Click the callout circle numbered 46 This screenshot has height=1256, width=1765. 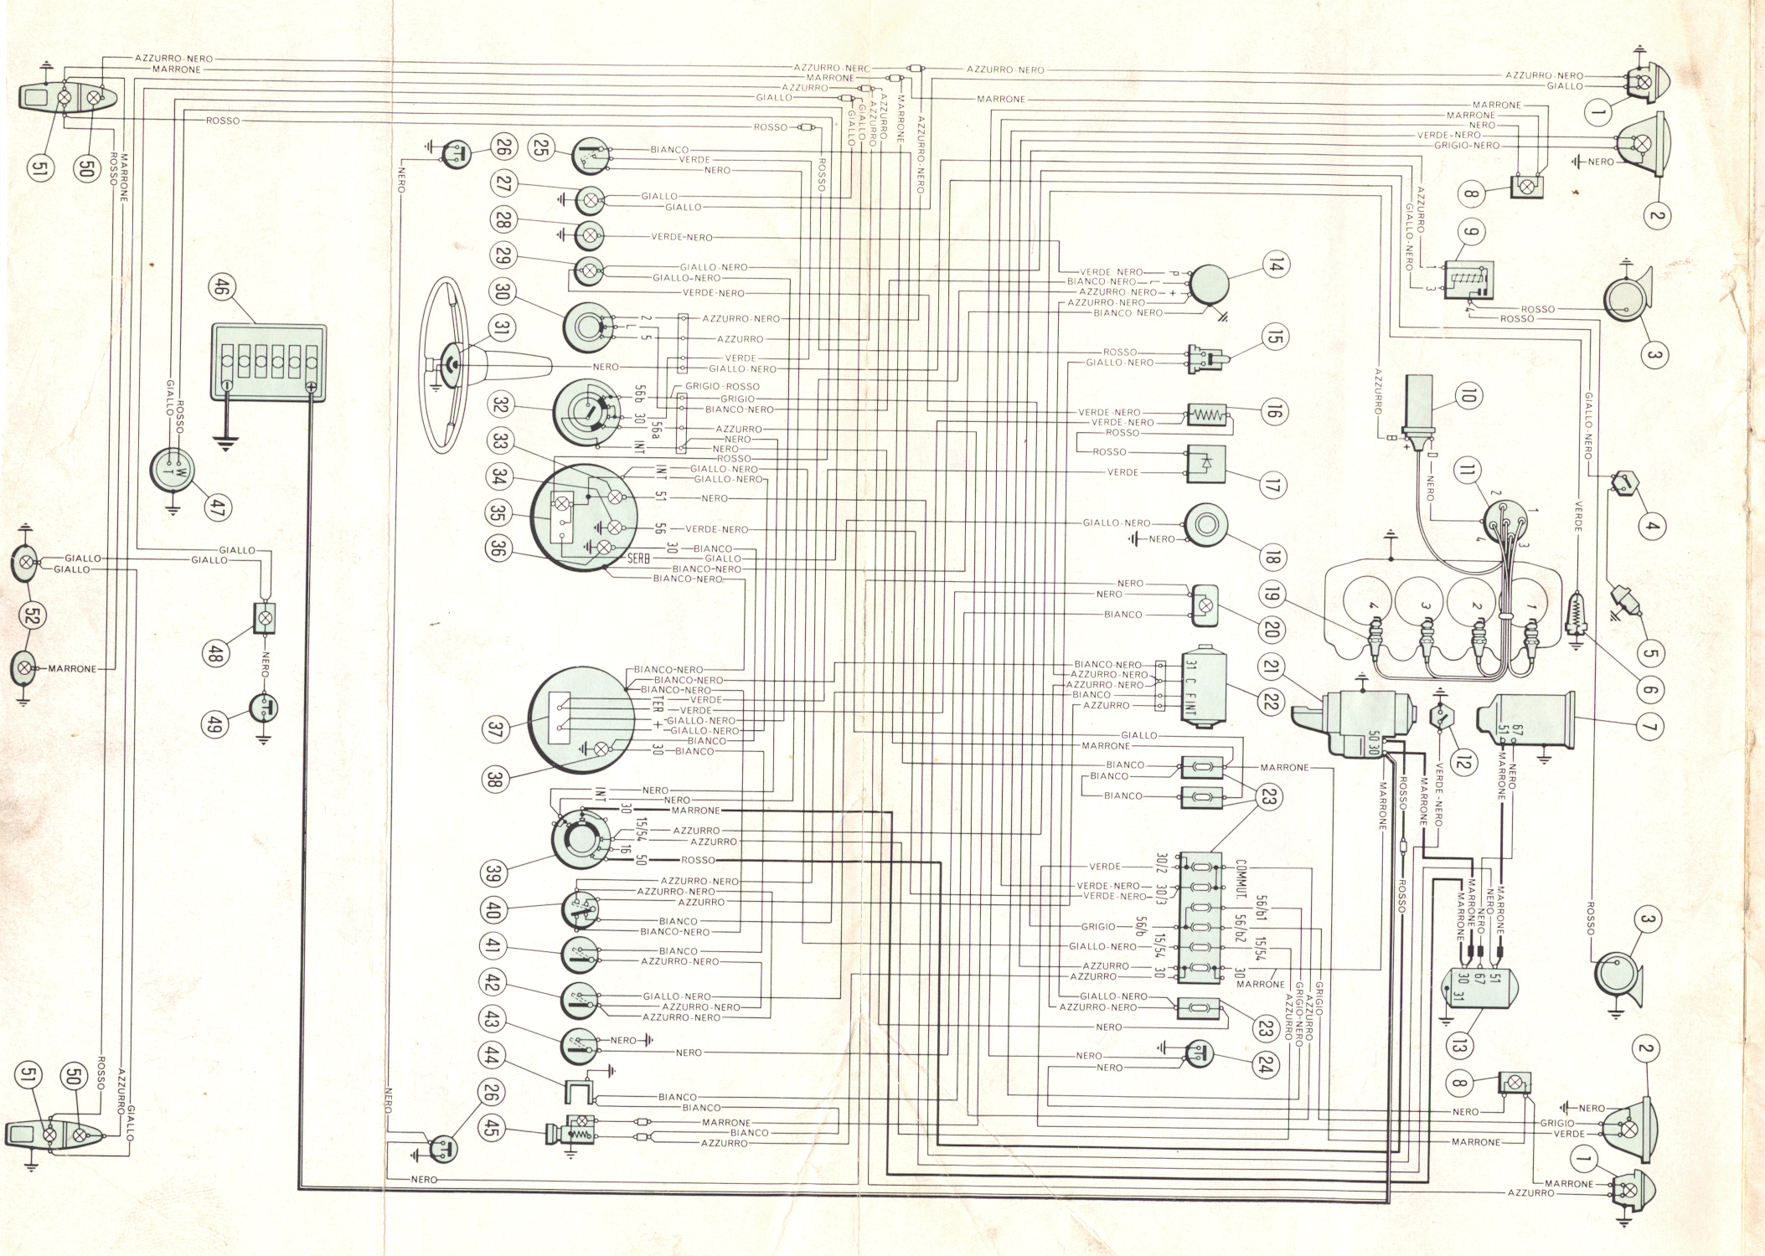click(x=220, y=289)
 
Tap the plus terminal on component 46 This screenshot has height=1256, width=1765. click(x=311, y=387)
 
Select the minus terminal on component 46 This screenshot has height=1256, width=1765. click(x=225, y=387)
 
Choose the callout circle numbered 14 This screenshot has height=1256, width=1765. click(x=1274, y=265)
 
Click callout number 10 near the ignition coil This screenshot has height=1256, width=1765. click(x=1467, y=395)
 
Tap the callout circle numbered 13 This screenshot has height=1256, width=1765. click(x=1459, y=1045)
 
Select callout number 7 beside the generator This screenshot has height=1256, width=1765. click(x=1649, y=727)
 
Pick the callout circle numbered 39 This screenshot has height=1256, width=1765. click(x=493, y=873)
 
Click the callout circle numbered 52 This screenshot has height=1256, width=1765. click(x=34, y=615)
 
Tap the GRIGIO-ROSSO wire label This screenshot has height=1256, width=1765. click(x=722, y=387)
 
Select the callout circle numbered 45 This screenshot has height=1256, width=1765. click(x=491, y=1128)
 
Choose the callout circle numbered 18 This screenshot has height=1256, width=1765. click(x=1272, y=557)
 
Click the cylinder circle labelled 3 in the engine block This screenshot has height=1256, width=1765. click(x=1422, y=605)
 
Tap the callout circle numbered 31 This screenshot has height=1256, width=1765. click(x=500, y=327)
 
